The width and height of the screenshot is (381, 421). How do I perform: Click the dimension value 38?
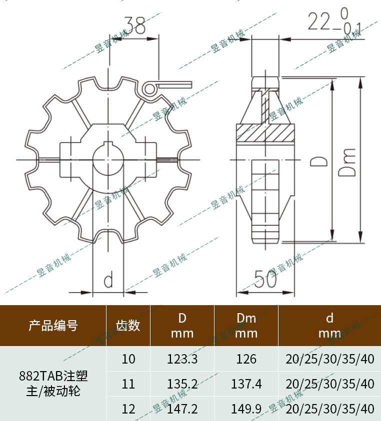pyautogui.click(x=134, y=25)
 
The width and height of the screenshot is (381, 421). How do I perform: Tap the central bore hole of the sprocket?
pyautogui.click(x=108, y=160)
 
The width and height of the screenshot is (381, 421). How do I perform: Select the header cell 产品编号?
pyautogui.click(x=53, y=326)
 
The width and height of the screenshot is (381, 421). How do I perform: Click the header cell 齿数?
pyautogui.click(x=128, y=326)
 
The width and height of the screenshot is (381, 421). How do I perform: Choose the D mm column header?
pyautogui.click(x=182, y=326)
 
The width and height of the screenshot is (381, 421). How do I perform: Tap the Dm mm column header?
pyautogui.click(x=246, y=326)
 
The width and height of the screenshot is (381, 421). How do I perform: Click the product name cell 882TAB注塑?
pyautogui.click(x=53, y=375)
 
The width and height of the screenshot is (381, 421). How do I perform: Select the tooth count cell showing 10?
pyautogui.click(x=128, y=359)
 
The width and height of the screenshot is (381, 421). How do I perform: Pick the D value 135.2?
pyautogui.click(x=182, y=384)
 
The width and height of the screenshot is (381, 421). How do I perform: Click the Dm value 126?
pyautogui.click(x=246, y=359)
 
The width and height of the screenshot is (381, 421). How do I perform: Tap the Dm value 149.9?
pyautogui.click(x=246, y=409)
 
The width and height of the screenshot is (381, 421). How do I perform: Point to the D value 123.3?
pyautogui.click(x=182, y=359)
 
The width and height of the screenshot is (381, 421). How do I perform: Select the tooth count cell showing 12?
pyautogui.click(x=128, y=409)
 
